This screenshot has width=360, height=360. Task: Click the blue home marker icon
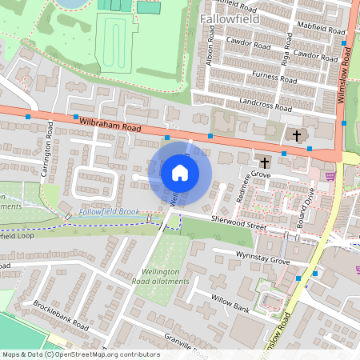click(x=180, y=172)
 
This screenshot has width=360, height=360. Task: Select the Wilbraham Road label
click(x=110, y=123)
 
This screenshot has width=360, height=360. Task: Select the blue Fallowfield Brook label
click(x=109, y=211)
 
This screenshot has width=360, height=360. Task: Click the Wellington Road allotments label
click(x=162, y=277)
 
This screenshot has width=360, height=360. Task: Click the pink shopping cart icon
click(x=330, y=176)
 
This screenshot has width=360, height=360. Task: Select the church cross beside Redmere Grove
click(x=264, y=162)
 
